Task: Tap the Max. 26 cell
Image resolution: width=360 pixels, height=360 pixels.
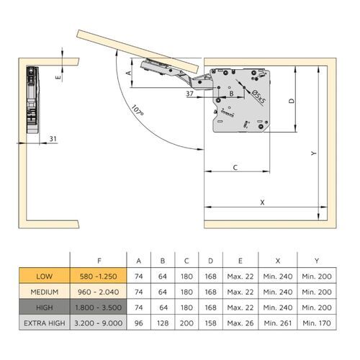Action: coord(238,323)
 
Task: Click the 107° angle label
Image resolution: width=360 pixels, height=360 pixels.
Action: coord(137,114)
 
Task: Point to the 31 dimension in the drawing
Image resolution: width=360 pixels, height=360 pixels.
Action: coord(53,138)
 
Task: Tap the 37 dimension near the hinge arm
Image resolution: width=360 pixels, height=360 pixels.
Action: coord(189,94)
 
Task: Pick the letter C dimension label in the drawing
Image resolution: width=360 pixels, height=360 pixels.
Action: coord(235,167)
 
